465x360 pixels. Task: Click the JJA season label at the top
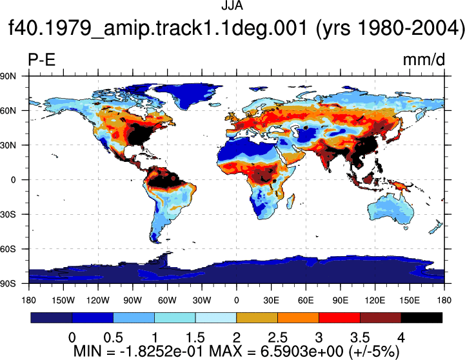[x=232, y=5]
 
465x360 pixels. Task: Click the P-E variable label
[x=41, y=59]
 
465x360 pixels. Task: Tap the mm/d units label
[x=424, y=59]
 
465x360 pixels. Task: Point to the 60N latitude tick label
[x=8, y=110]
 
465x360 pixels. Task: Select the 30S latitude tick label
[x=8, y=214]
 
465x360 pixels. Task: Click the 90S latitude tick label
[x=8, y=284]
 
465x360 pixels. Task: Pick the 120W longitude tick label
[x=98, y=301]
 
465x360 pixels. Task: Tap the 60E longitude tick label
[x=306, y=301]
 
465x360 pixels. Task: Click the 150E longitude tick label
[x=410, y=301]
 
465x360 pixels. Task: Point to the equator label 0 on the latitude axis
[x=13, y=180]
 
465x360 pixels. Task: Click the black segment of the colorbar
[x=421, y=317]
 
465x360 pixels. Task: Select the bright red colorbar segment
[x=339, y=317]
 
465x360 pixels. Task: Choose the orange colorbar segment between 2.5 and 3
[x=298, y=317]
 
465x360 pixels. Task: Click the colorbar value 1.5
[x=195, y=337]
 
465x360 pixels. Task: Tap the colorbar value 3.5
[x=360, y=337]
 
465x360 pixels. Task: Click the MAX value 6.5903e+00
[x=302, y=352]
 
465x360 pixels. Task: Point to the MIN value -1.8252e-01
[x=162, y=352]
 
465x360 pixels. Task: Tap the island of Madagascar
[x=291, y=201]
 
